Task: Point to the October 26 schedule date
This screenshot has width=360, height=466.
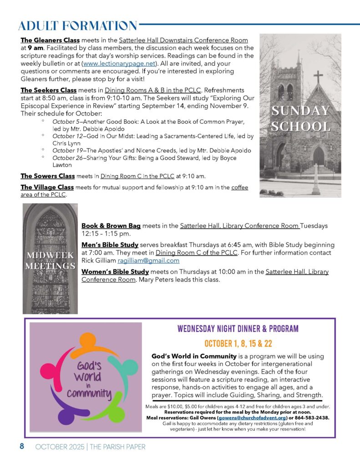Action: (x=68, y=158)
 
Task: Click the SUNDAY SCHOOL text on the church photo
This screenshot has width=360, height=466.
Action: (x=300, y=118)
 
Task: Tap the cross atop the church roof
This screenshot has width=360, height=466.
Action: (x=318, y=76)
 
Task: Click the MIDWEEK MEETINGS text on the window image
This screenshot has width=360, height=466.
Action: (x=50, y=260)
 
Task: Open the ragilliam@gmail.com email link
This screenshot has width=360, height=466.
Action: (x=148, y=261)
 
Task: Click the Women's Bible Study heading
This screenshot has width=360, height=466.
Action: (x=115, y=272)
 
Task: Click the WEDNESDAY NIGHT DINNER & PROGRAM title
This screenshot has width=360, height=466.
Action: (x=238, y=329)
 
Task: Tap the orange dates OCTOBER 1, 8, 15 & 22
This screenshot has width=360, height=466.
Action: (x=238, y=343)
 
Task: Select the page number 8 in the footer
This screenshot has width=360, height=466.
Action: (x=21, y=446)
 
